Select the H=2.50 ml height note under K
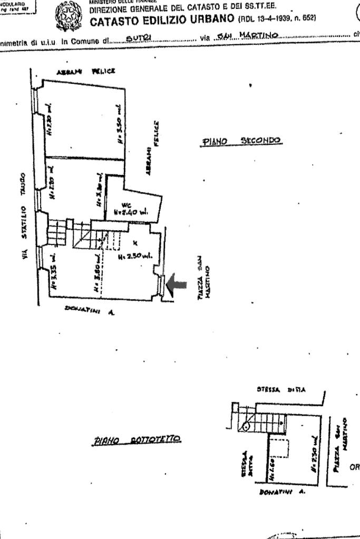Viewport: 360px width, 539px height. [134, 256]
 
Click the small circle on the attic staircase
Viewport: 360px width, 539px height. [246, 426]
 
